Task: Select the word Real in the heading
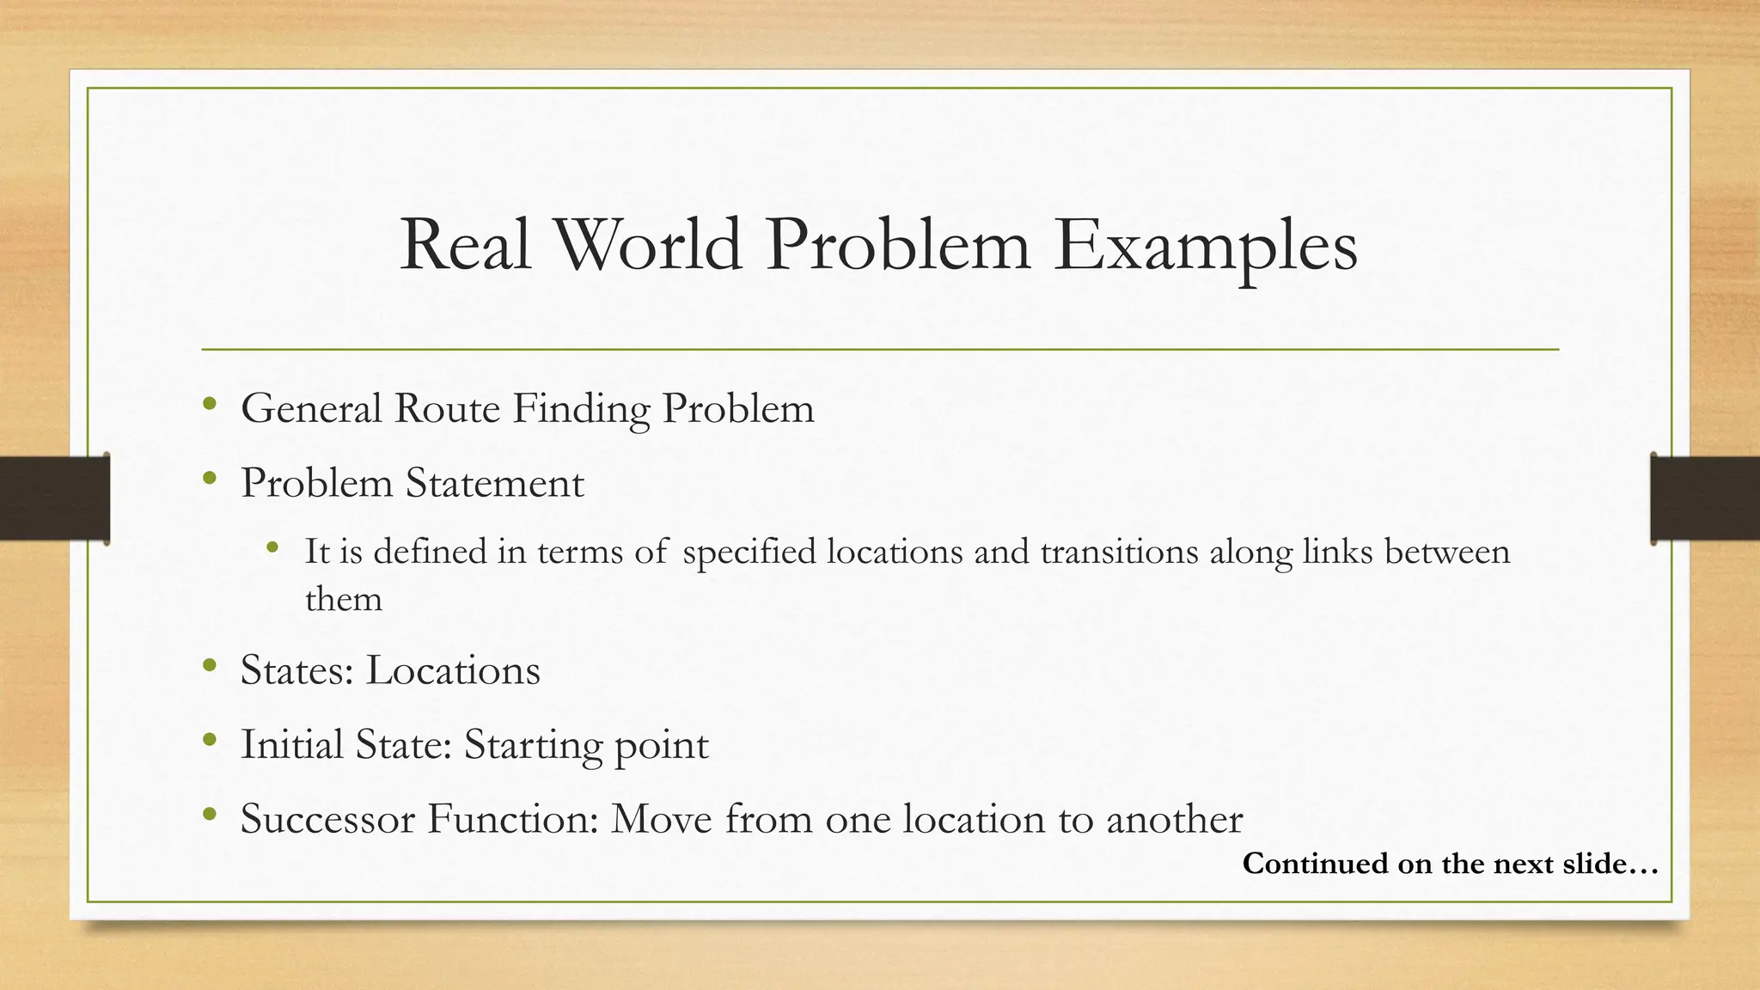[465, 245]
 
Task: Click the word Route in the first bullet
[447, 408]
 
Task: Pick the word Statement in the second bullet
[495, 483]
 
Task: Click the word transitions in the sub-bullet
[1119, 552]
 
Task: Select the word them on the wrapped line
[344, 599]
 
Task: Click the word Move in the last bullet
[662, 819]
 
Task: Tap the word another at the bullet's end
[1174, 819]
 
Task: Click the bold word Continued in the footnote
[1314, 864]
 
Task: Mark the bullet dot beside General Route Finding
[210, 404]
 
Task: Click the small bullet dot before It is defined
[272, 547]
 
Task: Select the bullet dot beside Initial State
[210, 740]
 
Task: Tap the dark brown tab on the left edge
[54, 498]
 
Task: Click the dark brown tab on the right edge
[1705, 498]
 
